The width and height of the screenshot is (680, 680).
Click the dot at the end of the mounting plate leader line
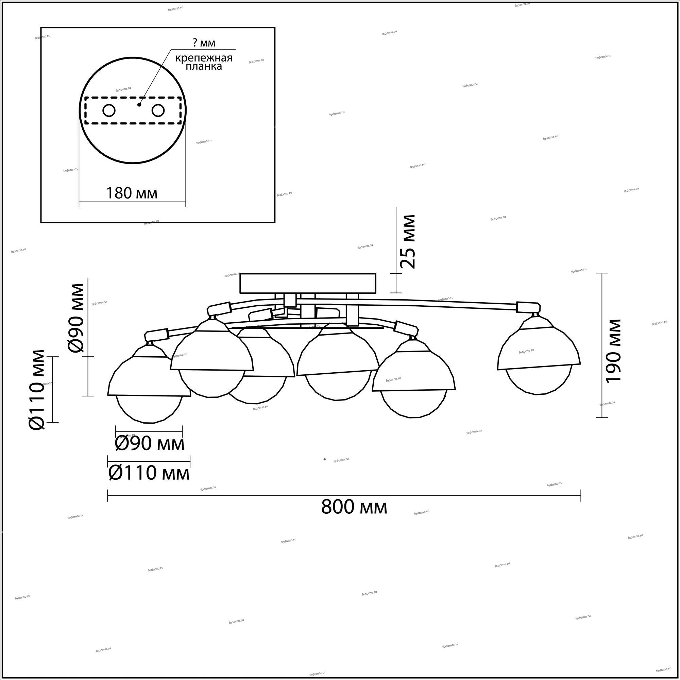[x=139, y=104]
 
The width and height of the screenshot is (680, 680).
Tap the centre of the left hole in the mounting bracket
[x=109, y=111]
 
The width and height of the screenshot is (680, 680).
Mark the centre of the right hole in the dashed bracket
[x=158, y=111]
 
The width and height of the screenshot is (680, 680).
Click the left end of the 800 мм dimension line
[x=107, y=496]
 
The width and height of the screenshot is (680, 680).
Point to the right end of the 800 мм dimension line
[x=580, y=496]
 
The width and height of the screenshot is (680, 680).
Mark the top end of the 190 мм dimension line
[x=601, y=273]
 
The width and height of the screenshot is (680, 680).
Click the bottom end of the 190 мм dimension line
[x=601, y=418]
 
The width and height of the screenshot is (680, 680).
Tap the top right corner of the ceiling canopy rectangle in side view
[x=376, y=274]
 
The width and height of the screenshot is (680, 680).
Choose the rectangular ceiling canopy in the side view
[x=308, y=283]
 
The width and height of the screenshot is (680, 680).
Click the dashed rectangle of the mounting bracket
[x=133, y=111]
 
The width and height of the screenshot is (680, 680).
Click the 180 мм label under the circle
[x=132, y=193]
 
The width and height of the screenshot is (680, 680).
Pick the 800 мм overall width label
[x=354, y=507]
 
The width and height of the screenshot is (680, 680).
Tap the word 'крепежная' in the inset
[x=204, y=58]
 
